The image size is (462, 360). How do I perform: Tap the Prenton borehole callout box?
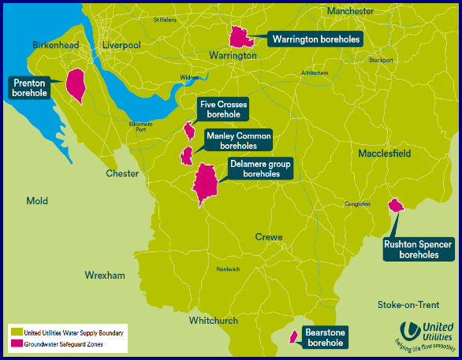point(29,87)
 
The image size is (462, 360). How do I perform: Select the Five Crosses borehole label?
point(222,109)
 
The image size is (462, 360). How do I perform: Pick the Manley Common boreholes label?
point(237,140)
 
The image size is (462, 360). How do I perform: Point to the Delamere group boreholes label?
point(260,169)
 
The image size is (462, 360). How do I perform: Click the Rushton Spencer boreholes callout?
point(418,249)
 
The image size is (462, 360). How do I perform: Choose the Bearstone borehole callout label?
point(326,338)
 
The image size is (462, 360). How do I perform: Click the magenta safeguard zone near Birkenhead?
point(76,85)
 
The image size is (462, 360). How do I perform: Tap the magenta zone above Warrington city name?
point(240,36)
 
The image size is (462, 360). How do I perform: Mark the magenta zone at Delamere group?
point(206,183)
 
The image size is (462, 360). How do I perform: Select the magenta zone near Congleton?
point(396,205)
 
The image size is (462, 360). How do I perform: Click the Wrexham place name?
point(105,276)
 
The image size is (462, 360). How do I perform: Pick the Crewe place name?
point(269,237)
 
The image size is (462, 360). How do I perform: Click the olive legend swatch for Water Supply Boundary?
point(15,332)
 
